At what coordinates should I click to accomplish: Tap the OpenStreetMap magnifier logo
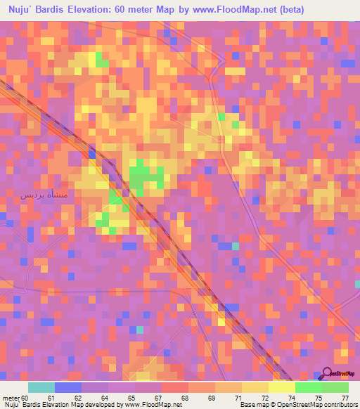click(328, 374)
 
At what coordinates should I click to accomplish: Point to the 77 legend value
click(345, 398)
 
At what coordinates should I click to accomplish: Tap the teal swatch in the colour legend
click(41, 387)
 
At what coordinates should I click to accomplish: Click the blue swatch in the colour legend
click(68, 387)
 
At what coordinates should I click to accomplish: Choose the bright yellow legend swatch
click(282, 387)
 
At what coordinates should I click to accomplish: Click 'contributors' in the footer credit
click(336, 405)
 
